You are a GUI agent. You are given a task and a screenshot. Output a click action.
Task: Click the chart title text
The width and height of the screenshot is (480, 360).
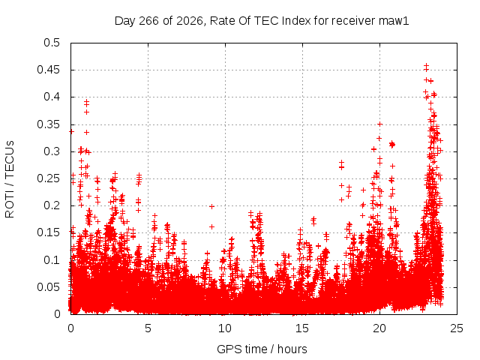pyautogui.click(x=262, y=21)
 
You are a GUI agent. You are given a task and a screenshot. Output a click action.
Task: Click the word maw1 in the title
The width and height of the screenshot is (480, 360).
pyautogui.click(x=394, y=21)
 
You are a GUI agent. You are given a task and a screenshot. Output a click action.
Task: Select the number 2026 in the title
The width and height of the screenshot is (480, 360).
pyautogui.click(x=188, y=21)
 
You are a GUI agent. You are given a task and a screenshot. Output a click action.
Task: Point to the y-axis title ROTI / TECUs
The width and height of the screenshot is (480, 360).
pyautogui.click(x=10, y=179)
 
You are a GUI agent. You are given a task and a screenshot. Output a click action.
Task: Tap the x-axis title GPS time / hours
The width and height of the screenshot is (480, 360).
pyautogui.click(x=262, y=349)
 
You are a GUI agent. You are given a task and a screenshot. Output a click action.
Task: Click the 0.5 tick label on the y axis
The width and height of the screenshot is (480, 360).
pyautogui.click(x=52, y=43)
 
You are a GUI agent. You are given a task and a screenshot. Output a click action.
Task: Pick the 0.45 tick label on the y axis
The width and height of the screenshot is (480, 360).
pyautogui.click(x=49, y=70)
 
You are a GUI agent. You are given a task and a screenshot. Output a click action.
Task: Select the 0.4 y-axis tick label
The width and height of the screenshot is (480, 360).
pyautogui.click(x=52, y=97)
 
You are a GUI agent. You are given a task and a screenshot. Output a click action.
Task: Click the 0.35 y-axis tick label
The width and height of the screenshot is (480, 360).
pyautogui.click(x=49, y=124)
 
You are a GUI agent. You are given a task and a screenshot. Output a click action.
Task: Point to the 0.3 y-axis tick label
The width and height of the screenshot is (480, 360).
pyautogui.click(x=52, y=151)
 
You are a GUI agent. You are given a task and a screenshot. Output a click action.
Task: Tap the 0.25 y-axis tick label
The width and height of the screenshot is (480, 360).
pyautogui.click(x=49, y=178)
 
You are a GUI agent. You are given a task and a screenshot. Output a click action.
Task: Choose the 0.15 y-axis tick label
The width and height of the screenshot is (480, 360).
pyautogui.click(x=49, y=232)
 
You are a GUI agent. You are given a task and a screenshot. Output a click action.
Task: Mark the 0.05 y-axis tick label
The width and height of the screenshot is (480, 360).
pyautogui.click(x=49, y=287)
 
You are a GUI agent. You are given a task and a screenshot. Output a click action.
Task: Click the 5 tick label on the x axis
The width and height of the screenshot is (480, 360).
pyautogui.click(x=148, y=328)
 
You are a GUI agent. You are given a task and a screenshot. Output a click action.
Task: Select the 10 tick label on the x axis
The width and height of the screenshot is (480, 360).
pyautogui.click(x=225, y=328)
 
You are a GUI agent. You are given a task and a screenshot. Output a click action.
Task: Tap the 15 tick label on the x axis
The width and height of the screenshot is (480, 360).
pyautogui.click(x=302, y=328)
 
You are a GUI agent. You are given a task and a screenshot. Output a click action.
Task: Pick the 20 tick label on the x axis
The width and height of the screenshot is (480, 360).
pyautogui.click(x=379, y=328)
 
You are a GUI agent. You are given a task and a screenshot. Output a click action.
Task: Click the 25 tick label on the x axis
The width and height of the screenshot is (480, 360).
pyautogui.click(x=457, y=328)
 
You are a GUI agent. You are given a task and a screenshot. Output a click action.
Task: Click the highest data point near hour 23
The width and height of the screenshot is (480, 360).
pyautogui.click(x=426, y=65)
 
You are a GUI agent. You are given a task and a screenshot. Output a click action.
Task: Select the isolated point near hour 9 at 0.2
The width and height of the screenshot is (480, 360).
pyautogui.click(x=211, y=207)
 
